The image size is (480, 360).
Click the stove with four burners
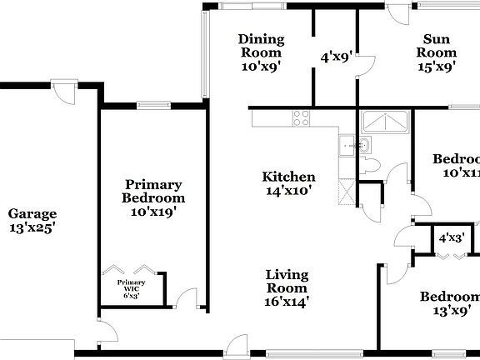[301, 118]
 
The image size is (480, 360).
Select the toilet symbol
[372, 163]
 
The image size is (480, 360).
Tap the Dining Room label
[261, 39]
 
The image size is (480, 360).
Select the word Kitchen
[288, 177]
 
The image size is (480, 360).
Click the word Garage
[32, 213]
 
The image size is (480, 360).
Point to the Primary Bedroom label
[153, 191]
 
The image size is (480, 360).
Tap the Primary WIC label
[131, 282]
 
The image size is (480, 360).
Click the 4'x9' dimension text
[337, 57]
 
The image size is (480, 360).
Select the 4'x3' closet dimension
[452, 237]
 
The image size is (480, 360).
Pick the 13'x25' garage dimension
[32, 227]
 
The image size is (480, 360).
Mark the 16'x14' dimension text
[287, 302]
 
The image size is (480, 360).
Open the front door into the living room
[237, 347]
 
